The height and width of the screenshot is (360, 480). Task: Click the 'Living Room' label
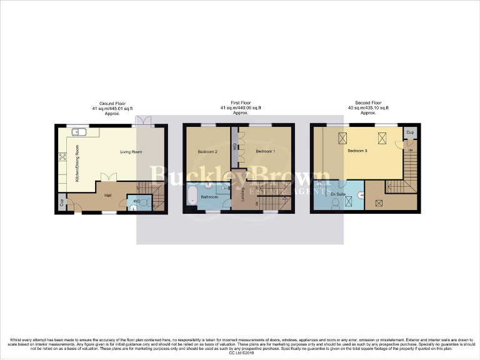pos(132,152)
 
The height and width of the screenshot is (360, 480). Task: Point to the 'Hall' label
pos(107,195)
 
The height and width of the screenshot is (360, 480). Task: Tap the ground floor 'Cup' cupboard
pos(62,204)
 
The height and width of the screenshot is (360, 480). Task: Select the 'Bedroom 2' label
pos(207,152)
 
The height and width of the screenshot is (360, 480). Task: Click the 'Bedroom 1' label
pos(265,152)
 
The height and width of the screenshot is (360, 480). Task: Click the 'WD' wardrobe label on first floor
pos(234,147)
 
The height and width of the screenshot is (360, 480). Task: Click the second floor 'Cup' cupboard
pos(410,132)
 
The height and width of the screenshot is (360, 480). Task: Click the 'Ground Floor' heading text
pos(112,102)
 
